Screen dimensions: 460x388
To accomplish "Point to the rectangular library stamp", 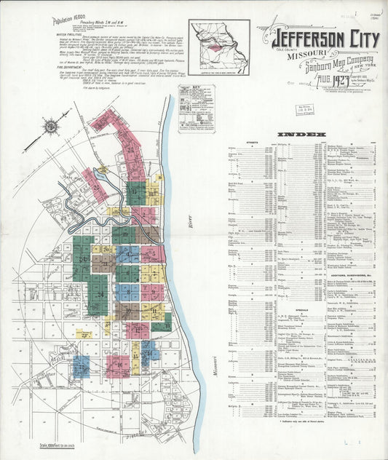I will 304,110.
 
